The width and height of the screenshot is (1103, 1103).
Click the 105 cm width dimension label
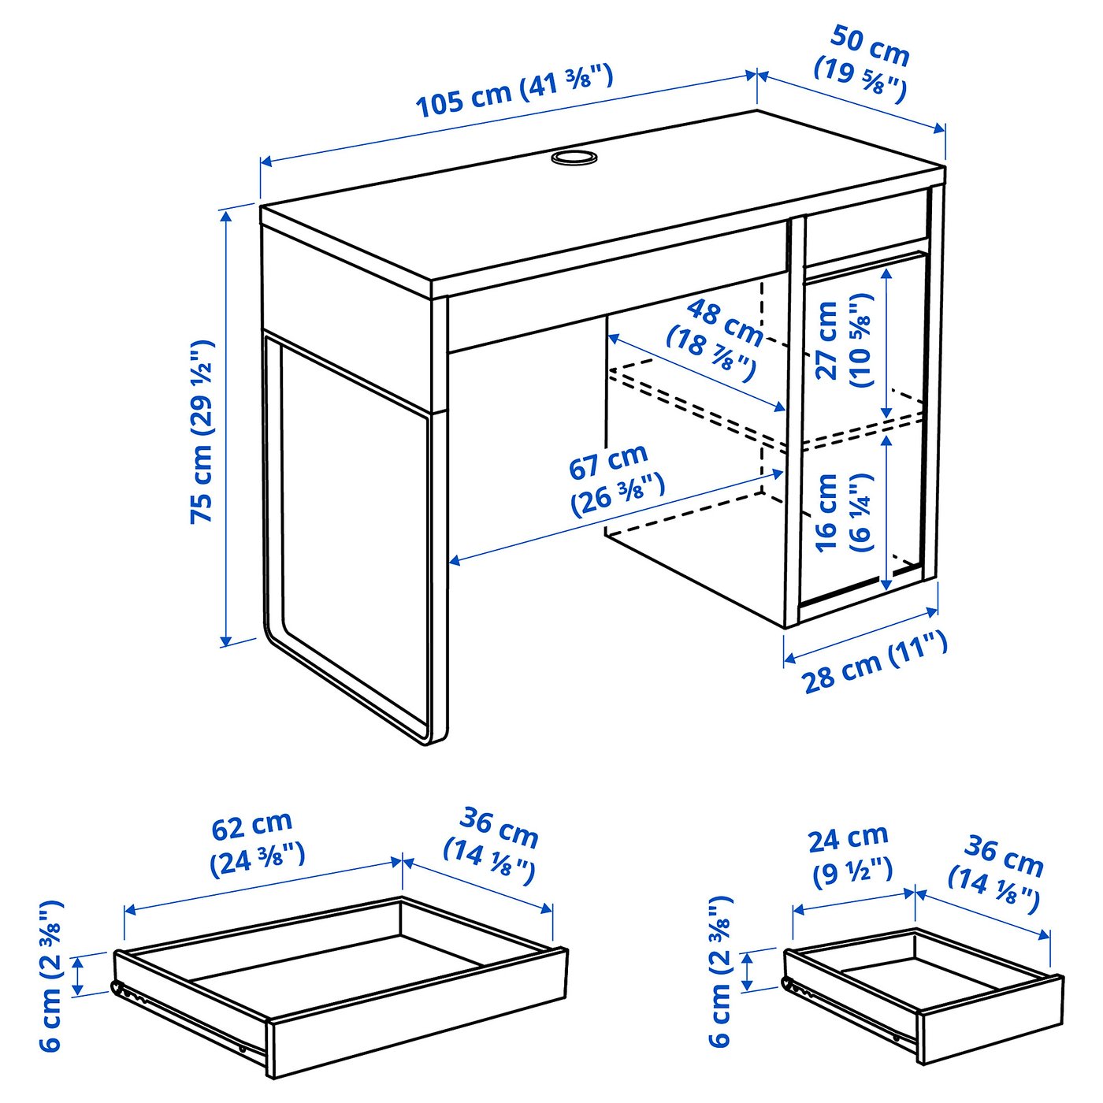tap(513, 91)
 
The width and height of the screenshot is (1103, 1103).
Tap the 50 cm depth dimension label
tap(862, 63)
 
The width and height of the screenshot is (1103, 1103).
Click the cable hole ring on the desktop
tap(574, 158)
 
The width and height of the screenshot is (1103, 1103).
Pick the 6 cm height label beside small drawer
tap(720, 971)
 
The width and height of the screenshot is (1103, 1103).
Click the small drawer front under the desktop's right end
tap(865, 227)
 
